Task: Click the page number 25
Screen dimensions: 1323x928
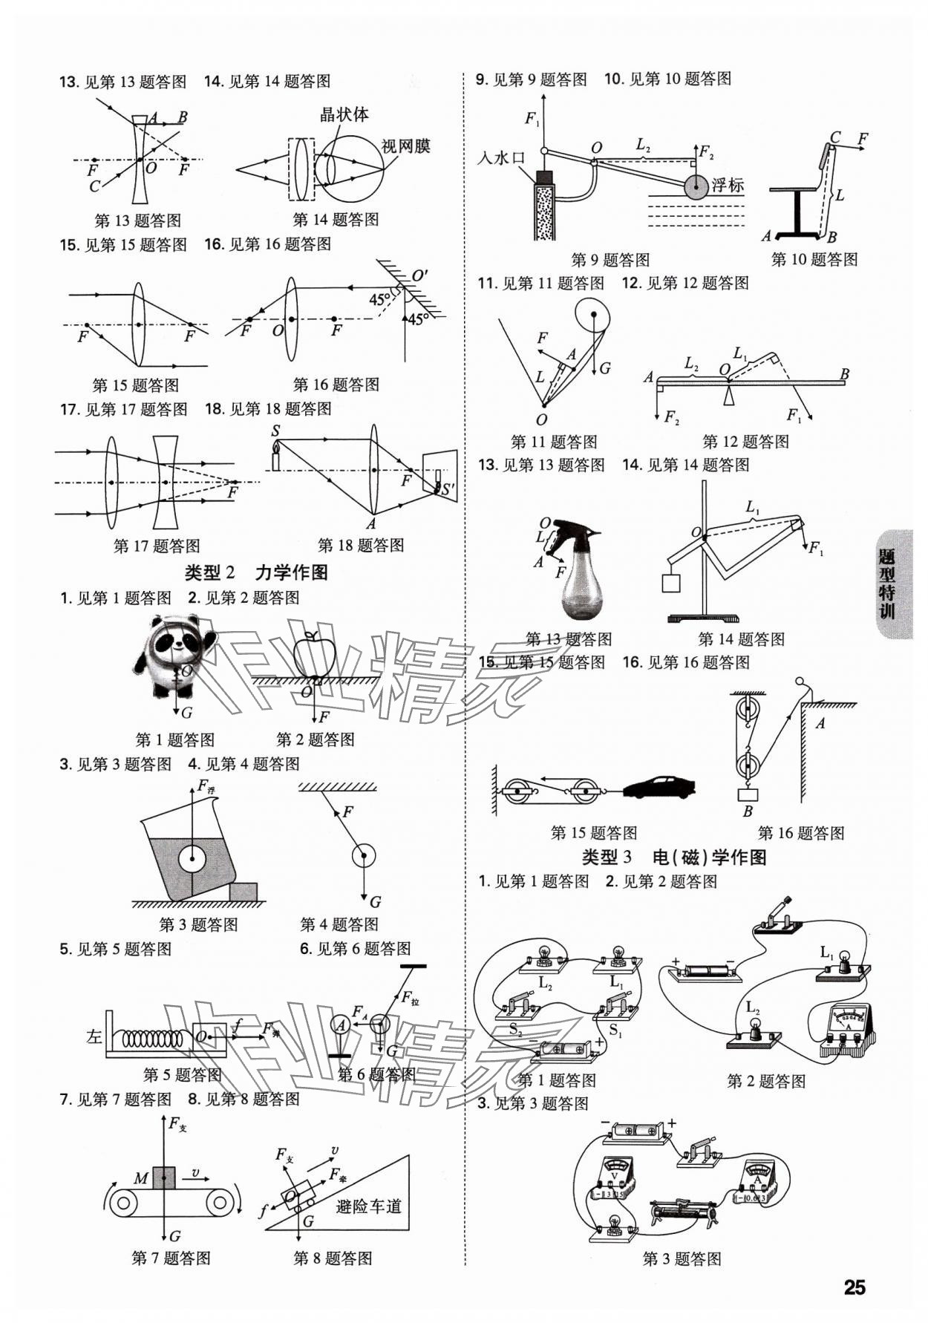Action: coord(855,1286)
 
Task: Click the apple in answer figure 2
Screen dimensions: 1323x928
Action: coord(315,655)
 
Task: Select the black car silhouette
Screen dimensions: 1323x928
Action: coord(658,787)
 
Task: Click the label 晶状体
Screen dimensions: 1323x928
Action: coord(344,115)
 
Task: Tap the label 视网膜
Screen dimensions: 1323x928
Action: coord(405,146)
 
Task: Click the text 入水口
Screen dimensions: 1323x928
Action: coord(502,158)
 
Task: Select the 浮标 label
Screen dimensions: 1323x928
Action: coord(728,186)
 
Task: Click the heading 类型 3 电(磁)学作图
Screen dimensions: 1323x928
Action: coord(673,857)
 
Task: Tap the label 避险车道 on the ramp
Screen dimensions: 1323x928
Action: coord(368,1206)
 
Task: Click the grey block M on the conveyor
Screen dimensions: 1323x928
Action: coord(164,1178)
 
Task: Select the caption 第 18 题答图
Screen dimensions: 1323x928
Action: coord(361,546)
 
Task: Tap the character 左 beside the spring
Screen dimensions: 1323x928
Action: coord(93,1036)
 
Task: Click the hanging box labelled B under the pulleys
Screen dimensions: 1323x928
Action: coord(748,794)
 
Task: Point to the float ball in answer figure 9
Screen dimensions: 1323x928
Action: coord(696,187)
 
